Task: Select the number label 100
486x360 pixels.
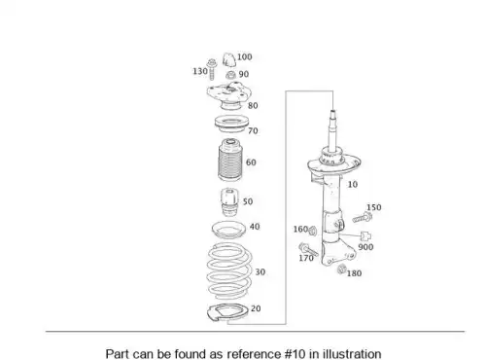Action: click(x=244, y=57)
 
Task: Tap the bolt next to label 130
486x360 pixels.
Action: click(x=212, y=69)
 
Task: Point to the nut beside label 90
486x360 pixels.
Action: click(x=230, y=76)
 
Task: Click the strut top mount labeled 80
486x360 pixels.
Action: click(x=229, y=96)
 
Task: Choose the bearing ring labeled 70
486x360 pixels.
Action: click(x=231, y=124)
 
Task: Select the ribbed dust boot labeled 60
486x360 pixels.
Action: click(x=230, y=160)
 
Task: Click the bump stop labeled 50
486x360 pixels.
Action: click(x=229, y=202)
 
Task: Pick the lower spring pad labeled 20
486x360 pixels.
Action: click(x=226, y=313)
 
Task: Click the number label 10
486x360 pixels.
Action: click(x=353, y=185)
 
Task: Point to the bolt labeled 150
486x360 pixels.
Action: click(x=363, y=217)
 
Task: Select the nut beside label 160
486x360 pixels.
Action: click(x=313, y=231)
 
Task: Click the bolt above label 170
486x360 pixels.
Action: click(x=308, y=249)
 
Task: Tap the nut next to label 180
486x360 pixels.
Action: click(x=341, y=270)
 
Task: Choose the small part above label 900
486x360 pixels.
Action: click(x=365, y=236)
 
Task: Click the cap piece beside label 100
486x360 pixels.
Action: click(x=229, y=59)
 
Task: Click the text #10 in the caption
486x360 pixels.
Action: click(x=295, y=353)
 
